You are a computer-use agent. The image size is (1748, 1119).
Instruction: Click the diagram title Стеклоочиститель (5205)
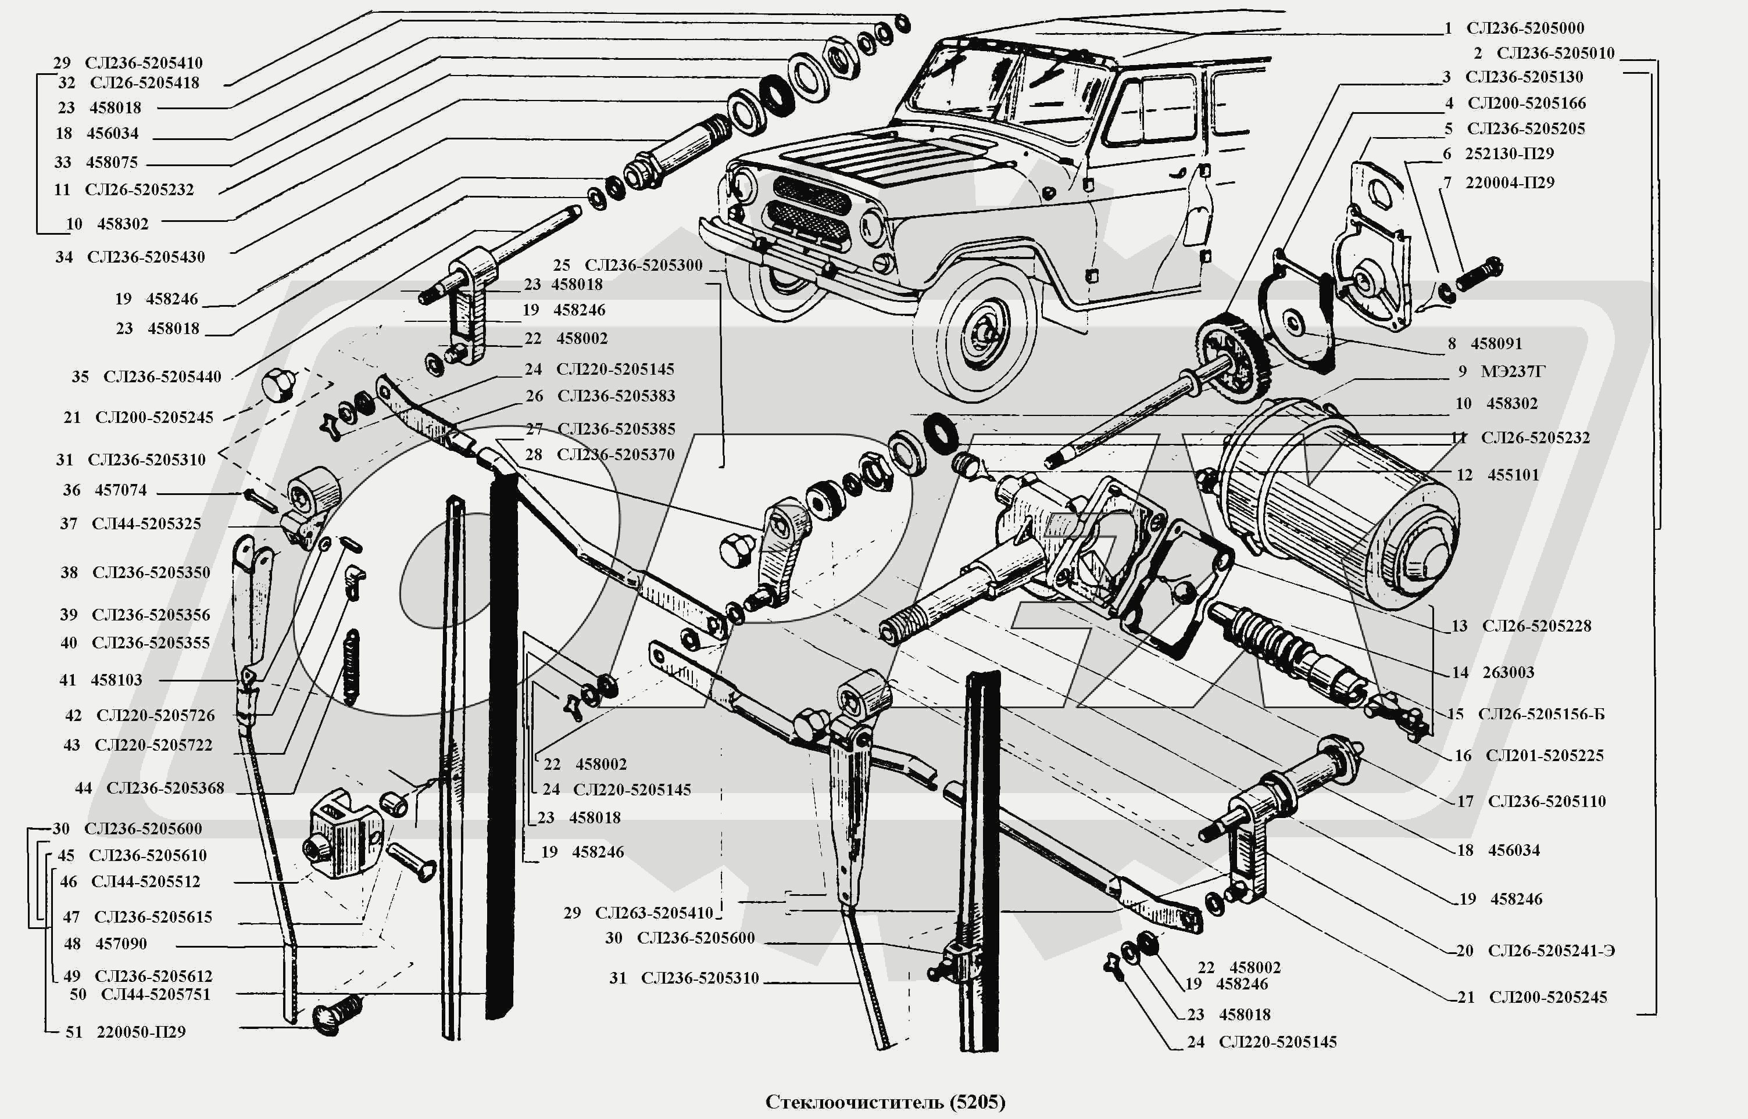(885, 1102)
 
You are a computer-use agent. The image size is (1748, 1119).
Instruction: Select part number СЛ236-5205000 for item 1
(1525, 28)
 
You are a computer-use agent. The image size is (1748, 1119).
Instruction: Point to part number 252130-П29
(1509, 154)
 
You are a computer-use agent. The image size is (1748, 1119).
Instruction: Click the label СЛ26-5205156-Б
(1541, 714)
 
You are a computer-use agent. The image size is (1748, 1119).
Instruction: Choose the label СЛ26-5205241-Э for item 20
(1551, 951)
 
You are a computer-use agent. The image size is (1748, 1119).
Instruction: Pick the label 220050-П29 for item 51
(141, 1032)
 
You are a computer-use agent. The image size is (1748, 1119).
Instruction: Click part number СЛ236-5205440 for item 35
(162, 376)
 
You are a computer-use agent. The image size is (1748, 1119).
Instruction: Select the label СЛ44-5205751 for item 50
(156, 994)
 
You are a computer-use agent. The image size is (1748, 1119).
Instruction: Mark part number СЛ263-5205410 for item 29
(653, 913)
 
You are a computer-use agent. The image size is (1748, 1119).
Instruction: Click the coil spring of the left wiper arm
(351, 667)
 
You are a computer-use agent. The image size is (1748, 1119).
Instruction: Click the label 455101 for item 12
(1513, 475)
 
